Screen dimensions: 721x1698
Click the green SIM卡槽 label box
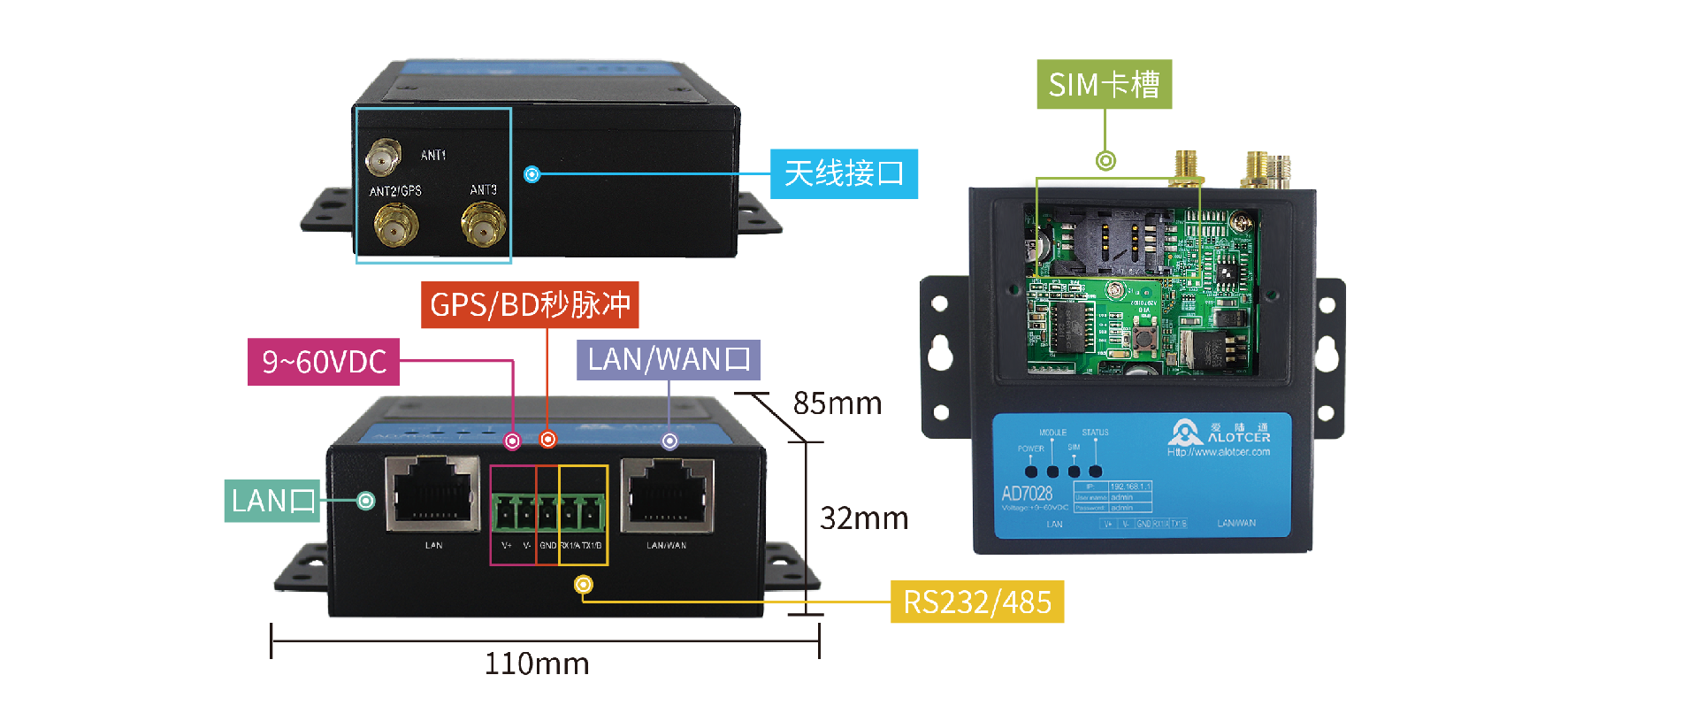[x=1104, y=85]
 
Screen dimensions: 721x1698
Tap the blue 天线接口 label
[x=844, y=173]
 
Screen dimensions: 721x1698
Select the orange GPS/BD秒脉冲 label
[x=530, y=305]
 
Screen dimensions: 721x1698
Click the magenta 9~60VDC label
[x=324, y=362]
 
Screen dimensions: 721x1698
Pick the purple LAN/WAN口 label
[x=669, y=360]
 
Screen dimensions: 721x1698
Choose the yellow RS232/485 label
[x=976, y=602]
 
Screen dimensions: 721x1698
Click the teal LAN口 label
[x=272, y=501]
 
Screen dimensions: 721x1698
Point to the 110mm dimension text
[x=537, y=663]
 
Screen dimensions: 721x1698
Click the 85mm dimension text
[x=838, y=403]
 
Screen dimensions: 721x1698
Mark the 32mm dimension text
[x=864, y=518]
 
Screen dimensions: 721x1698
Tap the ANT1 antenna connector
[x=382, y=158]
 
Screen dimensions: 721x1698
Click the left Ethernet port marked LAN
[x=432, y=495]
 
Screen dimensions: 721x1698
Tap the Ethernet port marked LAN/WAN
[x=668, y=495]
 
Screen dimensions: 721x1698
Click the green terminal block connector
[x=549, y=511]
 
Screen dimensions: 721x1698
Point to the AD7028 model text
[x=1027, y=494]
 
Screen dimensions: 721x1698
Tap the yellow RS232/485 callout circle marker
[x=584, y=585]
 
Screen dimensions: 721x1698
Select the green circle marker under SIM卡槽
[x=1105, y=161]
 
